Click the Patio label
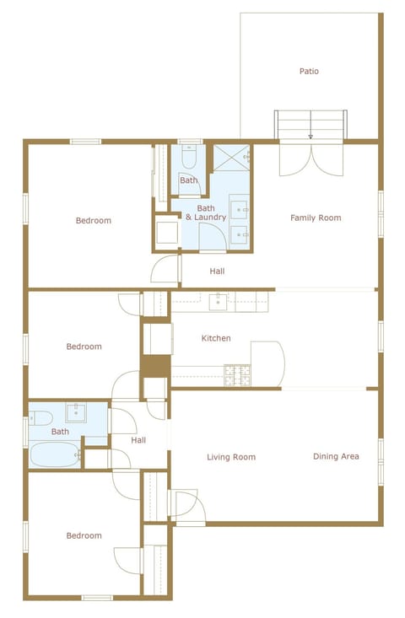click(309, 72)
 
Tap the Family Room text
click(316, 218)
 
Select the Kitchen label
click(216, 338)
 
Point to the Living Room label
click(231, 457)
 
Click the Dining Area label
click(336, 456)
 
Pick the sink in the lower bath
click(78, 412)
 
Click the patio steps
click(310, 125)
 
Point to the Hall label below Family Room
click(217, 271)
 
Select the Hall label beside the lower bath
click(138, 440)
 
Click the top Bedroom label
click(93, 221)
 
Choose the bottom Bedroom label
click(84, 535)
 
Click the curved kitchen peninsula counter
click(267, 363)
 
